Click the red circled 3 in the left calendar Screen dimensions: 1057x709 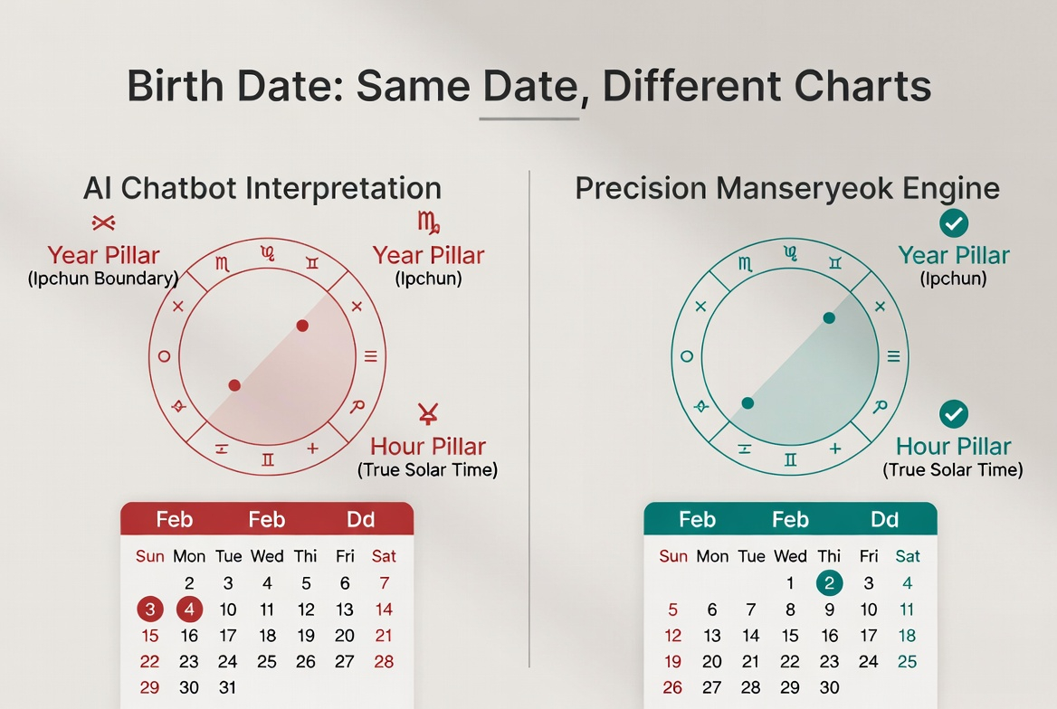click(x=149, y=610)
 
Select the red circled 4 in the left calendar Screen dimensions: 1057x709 click(x=189, y=610)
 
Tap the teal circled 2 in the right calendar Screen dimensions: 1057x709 click(x=829, y=583)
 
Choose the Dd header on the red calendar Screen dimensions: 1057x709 click(x=360, y=520)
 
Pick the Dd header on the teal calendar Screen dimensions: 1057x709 click(x=884, y=520)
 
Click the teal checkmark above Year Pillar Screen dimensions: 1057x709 click(x=953, y=223)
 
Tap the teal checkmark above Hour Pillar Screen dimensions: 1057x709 click(x=953, y=414)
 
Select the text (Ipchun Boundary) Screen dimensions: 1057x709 click(x=103, y=279)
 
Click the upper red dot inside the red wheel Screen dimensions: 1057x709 click(x=302, y=326)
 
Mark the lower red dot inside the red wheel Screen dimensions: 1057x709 click(x=233, y=385)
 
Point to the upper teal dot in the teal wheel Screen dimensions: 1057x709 click(x=829, y=318)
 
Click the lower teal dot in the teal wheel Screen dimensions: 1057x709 click(x=748, y=403)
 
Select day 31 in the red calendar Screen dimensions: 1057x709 click(x=228, y=687)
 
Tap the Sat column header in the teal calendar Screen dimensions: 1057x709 click(x=908, y=556)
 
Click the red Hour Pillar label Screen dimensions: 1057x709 click(x=428, y=446)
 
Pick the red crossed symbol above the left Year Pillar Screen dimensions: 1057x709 click(x=103, y=222)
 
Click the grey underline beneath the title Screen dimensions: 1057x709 click(x=529, y=119)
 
